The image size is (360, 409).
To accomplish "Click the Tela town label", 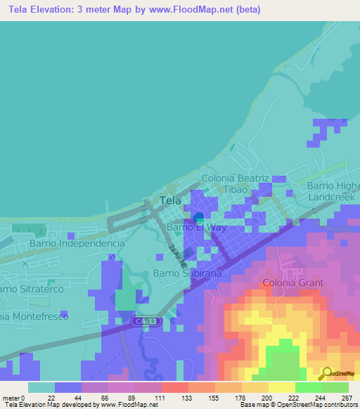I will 171,200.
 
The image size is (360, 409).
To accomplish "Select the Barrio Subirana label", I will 187,273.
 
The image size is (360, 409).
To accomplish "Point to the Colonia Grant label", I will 293,283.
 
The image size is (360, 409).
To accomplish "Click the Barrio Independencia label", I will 77,243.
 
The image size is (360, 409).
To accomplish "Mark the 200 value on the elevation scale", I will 267,398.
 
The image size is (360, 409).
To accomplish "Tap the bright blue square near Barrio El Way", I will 199,217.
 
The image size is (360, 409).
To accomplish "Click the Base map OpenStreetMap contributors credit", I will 298,405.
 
